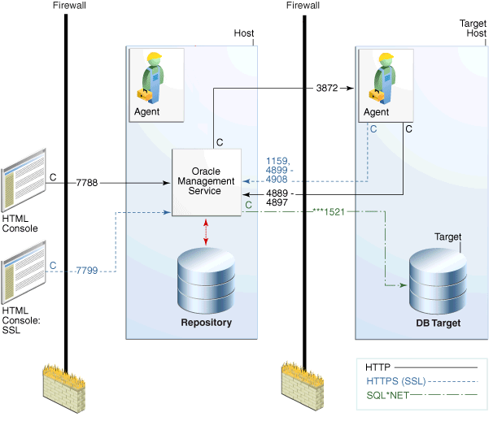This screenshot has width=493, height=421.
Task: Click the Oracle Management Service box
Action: pos(206,183)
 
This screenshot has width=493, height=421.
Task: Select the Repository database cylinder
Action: pos(206,276)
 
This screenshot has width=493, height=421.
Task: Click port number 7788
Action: pos(87,183)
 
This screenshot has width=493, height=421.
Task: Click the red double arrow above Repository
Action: pos(207,231)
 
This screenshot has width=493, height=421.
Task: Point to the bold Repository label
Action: pos(206,323)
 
